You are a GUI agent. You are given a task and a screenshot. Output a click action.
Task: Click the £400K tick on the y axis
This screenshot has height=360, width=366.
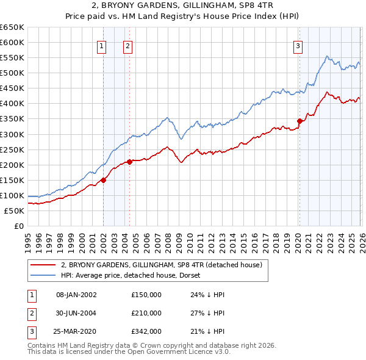tap(12, 104)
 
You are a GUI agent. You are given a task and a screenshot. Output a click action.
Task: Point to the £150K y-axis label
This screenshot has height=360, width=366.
tap(12, 180)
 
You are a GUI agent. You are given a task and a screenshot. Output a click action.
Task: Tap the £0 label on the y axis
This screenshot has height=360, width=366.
tap(19, 226)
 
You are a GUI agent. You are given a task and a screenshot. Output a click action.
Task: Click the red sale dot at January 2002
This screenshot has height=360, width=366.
tap(104, 180)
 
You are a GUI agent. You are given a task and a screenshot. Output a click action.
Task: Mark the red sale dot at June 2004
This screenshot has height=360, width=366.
tap(130, 162)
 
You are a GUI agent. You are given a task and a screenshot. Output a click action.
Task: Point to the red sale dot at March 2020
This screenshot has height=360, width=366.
tap(300, 121)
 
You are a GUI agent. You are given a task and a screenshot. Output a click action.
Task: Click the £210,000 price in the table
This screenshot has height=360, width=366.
tap(146, 313)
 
